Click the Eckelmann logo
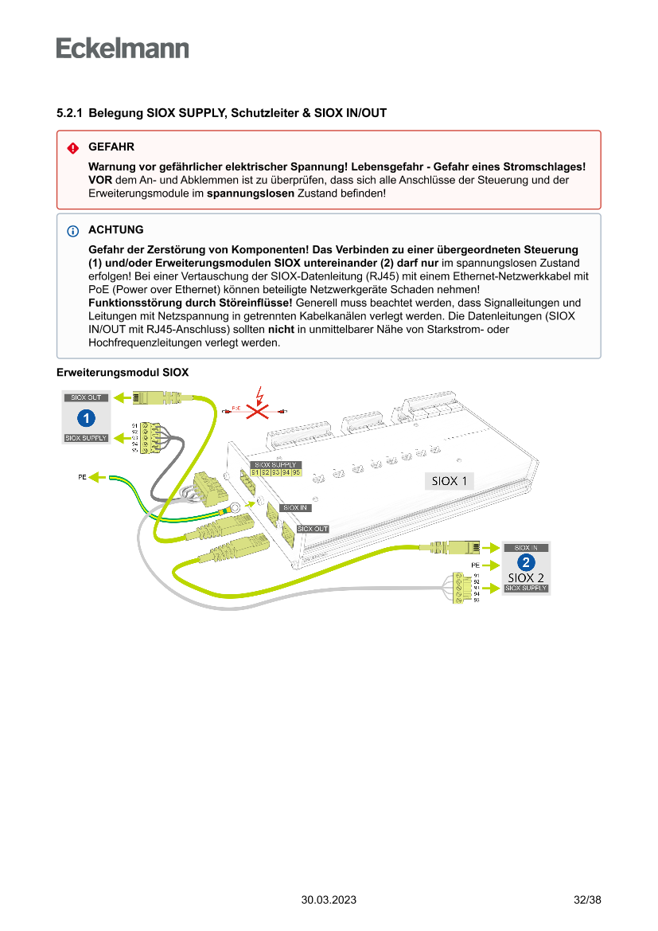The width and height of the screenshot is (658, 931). pyautogui.click(x=123, y=49)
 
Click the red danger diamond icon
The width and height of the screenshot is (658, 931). pyautogui.click(x=72, y=148)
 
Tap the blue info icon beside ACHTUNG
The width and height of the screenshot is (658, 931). pyautogui.click(x=72, y=231)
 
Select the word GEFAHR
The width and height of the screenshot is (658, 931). pyautogui.click(x=111, y=147)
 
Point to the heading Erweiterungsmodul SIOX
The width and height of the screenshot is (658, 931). pyautogui.click(x=123, y=372)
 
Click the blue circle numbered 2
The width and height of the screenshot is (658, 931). pyautogui.click(x=526, y=563)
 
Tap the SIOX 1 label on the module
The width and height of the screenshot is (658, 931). pyautogui.click(x=449, y=480)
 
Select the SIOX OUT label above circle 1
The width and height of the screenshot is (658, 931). pyautogui.click(x=87, y=397)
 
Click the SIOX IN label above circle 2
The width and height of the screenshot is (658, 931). pyautogui.click(x=527, y=548)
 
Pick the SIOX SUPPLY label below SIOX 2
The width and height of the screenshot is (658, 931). pyautogui.click(x=527, y=589)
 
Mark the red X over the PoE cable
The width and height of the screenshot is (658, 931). pyautogui.click(x=257, y=410)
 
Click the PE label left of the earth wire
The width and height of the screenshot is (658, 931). pyautogui.click(x=81, y=477)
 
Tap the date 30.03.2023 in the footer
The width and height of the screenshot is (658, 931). pyautogui.click(x=329, y=900)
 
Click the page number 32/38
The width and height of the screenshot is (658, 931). pyautogui.click(x=587, y=900)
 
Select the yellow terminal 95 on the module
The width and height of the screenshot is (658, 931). pyautogui.click(x=296, y=473)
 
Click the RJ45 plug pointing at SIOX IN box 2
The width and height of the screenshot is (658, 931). pyautogui.click(x=458, y=547)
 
